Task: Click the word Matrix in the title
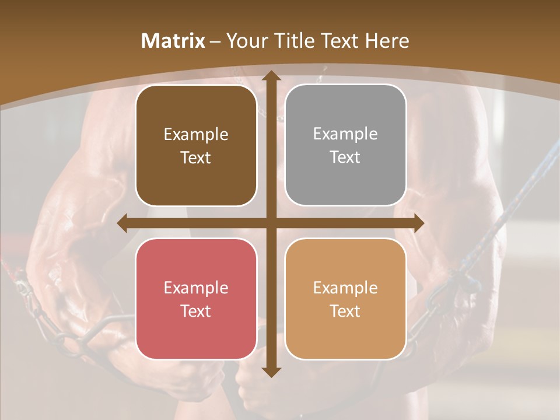click(173, 41)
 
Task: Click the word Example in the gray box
click(345, 134)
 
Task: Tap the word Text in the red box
click(195, 311)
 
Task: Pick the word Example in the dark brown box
click(196, 135)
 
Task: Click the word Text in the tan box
click(345, 311)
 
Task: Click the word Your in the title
click(244, 41)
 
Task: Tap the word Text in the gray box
click(345, 157)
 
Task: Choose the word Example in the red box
click(196, 288)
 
